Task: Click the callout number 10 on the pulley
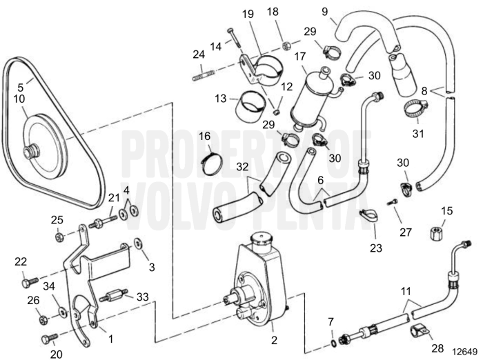point(19,99)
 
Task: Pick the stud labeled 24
point(201,70)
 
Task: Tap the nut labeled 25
point(60,236)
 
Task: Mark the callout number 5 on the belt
point(21,87)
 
